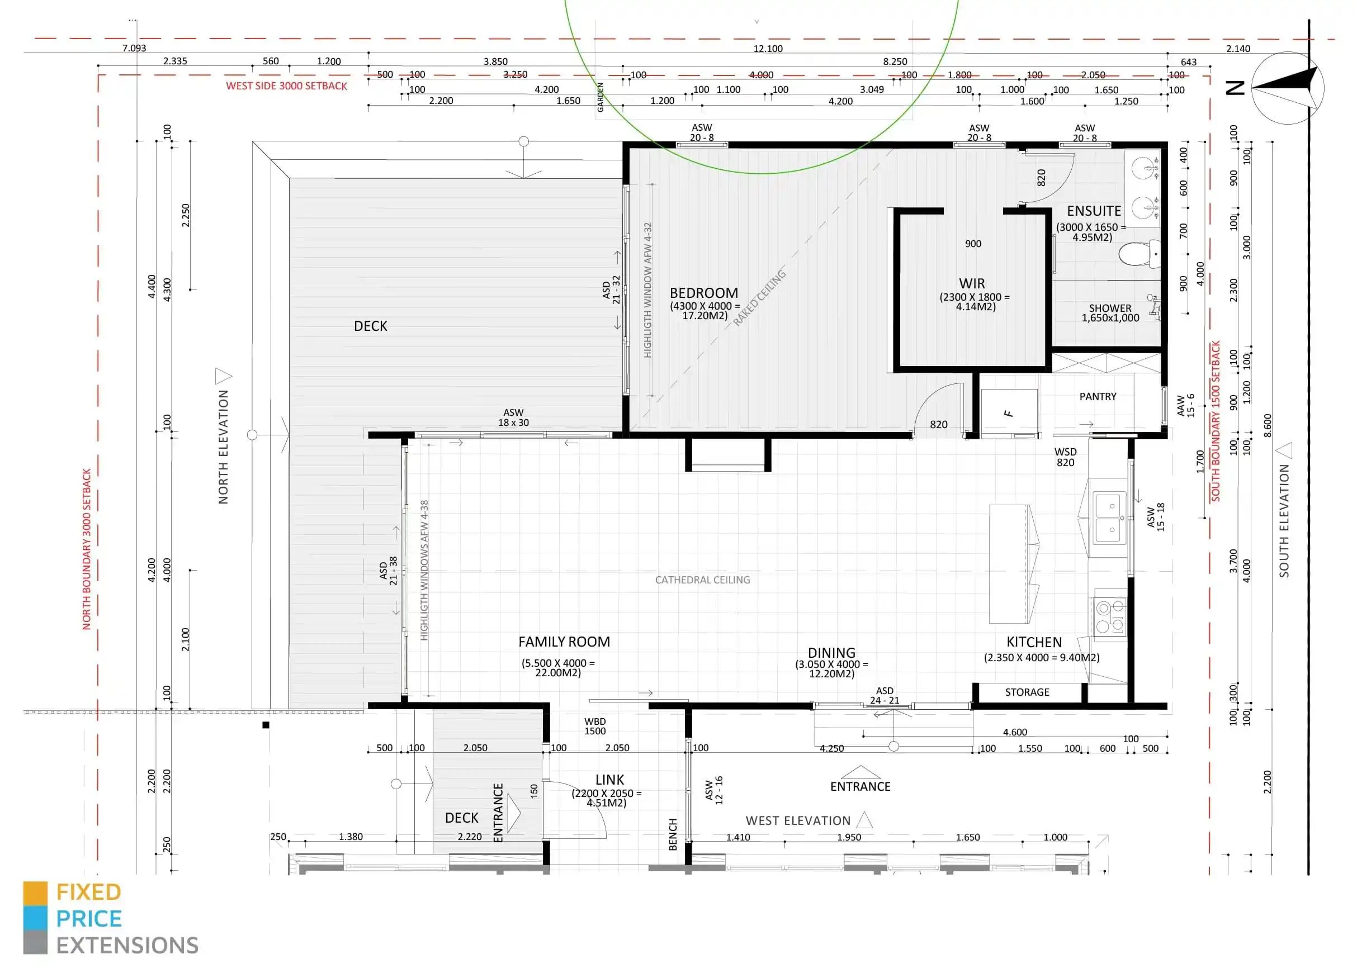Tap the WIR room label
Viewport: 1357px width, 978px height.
click(x=972, y=283)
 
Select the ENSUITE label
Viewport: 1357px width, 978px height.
click(x=1094, y=211)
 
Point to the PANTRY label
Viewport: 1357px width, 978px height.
click(x=1098, y=397)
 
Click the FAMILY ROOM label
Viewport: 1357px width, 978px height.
click(x=564, y=642)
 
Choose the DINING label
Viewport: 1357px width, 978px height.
click(x=831, y=653)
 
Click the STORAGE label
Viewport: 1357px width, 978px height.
click(x=1027, y=692)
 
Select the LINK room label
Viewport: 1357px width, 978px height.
click(x=609, y=780)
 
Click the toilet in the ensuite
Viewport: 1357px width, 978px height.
click(x=1138, y=254)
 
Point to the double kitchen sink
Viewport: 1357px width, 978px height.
click(x=1110, y=517)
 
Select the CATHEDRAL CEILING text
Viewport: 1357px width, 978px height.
click(x=702, y=580)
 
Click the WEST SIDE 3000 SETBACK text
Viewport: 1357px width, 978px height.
click(x=286, y=86)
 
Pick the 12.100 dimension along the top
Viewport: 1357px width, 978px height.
click(x=768, y=49)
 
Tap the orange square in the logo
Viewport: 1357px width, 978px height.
click(x=35, y=893)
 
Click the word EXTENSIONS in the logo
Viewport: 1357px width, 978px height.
click(x=127, y=946)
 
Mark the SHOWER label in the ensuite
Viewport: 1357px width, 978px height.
click(x=1110, y=308)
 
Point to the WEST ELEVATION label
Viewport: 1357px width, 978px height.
click(x=797, y=821)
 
